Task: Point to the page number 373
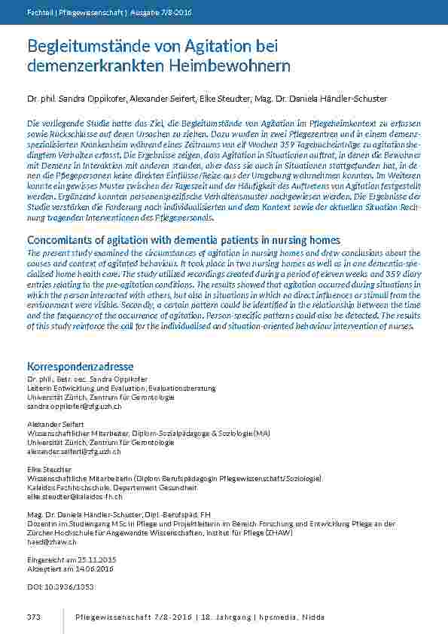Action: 32,617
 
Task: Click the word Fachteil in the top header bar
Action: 39,12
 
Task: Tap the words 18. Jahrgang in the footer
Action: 226,617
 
